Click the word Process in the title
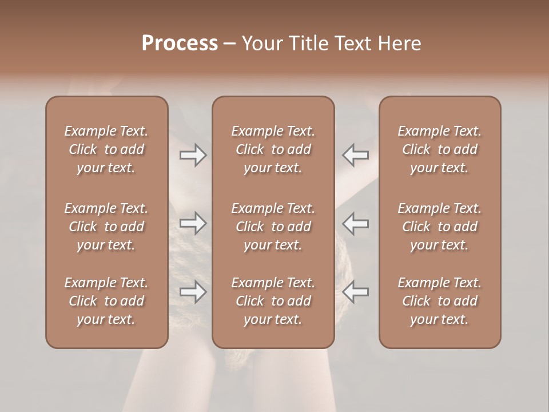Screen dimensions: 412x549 tap(180, 43)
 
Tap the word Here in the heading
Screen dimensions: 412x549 tap(400, 43)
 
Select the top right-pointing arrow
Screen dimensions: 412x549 tap(193, 155)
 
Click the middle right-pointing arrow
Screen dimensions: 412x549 tap(193, 223)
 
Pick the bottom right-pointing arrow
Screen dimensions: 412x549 tap(193, 292)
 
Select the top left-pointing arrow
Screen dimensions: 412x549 tap(356, 155)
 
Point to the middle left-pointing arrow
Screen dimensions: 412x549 tap(356, 223)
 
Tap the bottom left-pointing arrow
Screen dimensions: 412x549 tap(356, 292)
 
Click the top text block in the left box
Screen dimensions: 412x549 tap(106, 149)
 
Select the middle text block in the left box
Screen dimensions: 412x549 tap(106, 227)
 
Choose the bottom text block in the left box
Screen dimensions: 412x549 tap(106, 301)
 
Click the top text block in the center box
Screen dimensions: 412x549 tap(273, 149)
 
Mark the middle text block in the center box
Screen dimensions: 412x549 tap(273, 227)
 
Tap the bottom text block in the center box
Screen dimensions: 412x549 tap(273, 301)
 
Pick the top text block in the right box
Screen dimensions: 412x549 tap(439, 149)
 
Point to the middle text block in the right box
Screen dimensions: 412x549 tap(439, 227)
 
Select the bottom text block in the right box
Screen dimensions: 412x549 tap(439, 301)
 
